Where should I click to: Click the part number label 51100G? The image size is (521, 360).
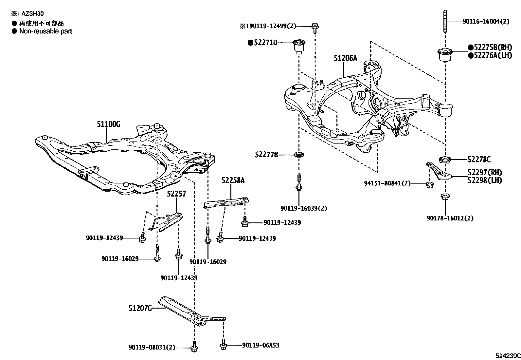click(108, 124)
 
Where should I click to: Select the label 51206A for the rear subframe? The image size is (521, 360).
click(345, 58)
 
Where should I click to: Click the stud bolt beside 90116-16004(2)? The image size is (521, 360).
click(445, 21)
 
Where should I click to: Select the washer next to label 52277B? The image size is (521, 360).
click(298, 154)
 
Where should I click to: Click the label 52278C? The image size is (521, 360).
click(479, 160)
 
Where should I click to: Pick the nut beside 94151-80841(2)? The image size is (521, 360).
click(429, 185)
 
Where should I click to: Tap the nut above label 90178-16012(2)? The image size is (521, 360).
click(445, 197)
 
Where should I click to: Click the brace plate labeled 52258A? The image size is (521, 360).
click(226, 202)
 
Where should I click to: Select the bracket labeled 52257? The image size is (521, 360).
click(167, 222)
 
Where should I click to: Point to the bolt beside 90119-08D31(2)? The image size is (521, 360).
click(194, 347)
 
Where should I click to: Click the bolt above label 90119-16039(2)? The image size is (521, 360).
click(299, 182)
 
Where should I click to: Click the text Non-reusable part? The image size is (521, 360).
click(45, 31)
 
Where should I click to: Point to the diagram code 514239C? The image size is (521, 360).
click(507, 355)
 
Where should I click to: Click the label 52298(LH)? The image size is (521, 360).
click(485, 180)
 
